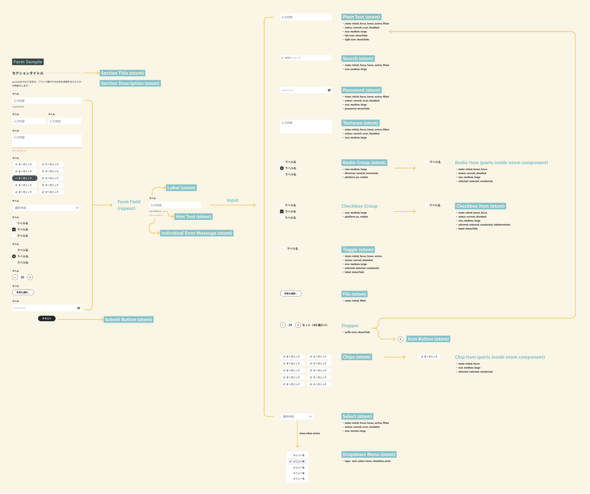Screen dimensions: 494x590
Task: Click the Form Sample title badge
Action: pyautogui.click(x=27, y=62)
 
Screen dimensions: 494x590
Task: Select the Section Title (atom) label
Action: pyautogui.click(x=122, y=73)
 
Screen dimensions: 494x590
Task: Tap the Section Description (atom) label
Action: pyautogui.click(x=130, y=83)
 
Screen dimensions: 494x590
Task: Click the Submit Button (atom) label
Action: pyautogui.click(x=128, y=319)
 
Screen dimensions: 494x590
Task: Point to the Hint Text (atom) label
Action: pyautogui.click(x=193, y=217)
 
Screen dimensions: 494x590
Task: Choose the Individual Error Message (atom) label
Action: pyautogui.click(x=197, y=233)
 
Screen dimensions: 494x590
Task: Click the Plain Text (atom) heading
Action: pyautogui.click(x=361, y=17)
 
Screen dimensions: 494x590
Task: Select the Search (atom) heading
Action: pyautogui.click(x=358, y=59)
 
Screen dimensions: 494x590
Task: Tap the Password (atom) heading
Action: pyautogui.click(x=361, y=90)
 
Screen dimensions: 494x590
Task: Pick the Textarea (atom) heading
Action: pyautogui.click(x=360, y=123)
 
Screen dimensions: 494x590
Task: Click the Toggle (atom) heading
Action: pyautogui.click(x=358, y=249)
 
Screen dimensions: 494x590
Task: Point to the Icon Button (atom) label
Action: pyautogui.click(x=428, y=339)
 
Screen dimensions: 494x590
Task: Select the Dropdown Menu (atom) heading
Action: pyautogui.click(x=369, y=454)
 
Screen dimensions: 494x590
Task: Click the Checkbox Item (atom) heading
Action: pyautogui.click(x=480, y=206)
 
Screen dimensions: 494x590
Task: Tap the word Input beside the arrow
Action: pyautogui.click(x=232, y=200)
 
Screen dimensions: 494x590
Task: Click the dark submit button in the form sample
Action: pyautogui.click(x=47, y=318)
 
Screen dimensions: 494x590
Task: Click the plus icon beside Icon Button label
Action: pyautogui.click(x=400, y=339)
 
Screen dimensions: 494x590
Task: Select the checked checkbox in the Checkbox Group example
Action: pyautogui.click(x=282, y=212)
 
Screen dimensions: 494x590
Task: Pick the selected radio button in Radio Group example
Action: pyautogui.click(x=282, y=168)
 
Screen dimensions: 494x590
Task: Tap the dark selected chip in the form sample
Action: pyautogui.click(x=25, y=178)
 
